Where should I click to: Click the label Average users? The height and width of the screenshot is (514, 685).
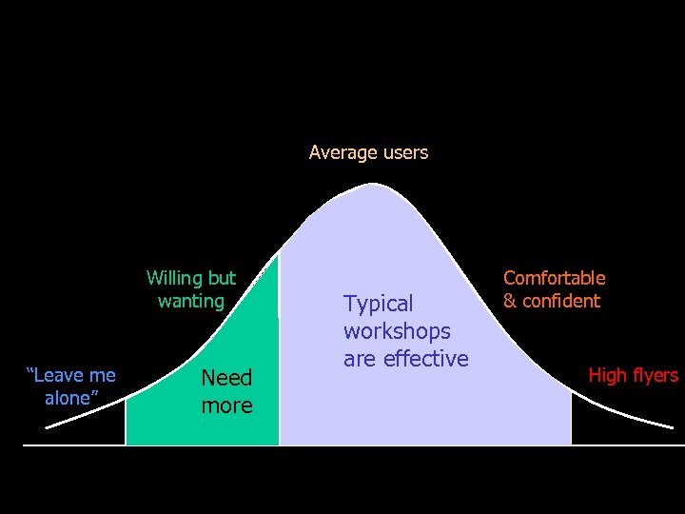(368, 152)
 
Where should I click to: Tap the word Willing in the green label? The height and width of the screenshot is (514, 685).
(174, 278)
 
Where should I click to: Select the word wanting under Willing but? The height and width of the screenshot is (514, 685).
(191, 302)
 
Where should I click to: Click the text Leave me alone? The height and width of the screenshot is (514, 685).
(70, 386)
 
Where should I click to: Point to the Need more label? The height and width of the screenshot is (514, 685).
(226, 391)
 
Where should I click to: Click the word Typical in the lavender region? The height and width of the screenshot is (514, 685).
(379, 304)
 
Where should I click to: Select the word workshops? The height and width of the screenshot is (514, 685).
(397, 331)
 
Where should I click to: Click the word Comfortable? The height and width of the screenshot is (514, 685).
(554, 278)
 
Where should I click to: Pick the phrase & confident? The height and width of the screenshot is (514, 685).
(552, 302)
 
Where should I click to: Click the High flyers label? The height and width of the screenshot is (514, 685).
(633, 375)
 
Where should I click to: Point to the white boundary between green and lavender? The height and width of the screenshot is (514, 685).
(280, 362)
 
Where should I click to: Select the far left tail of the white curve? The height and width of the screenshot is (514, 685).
(52, 425)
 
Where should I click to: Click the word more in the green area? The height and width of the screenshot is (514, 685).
(226, 405)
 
